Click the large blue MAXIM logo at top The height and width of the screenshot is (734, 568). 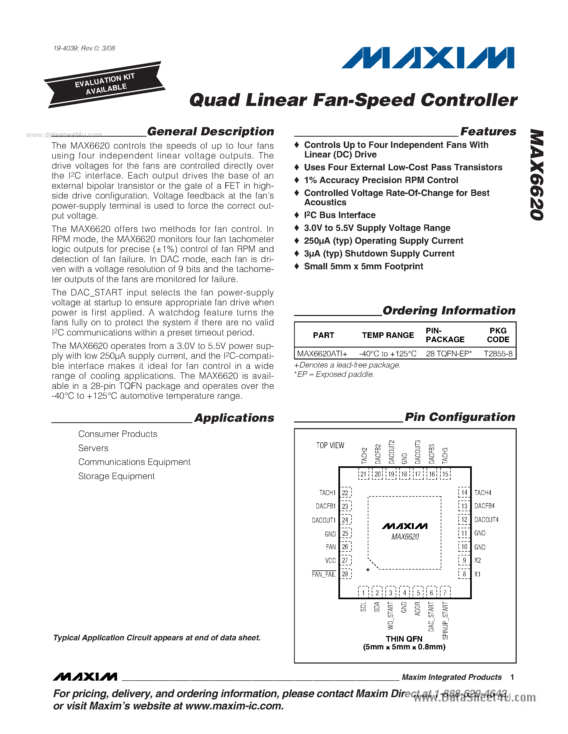[428, 58]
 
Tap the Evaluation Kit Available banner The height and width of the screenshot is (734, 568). [105, 84]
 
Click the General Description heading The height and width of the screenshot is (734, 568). [211, 131]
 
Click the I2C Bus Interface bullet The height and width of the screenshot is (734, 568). [339, 215]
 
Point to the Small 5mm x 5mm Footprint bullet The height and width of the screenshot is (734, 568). [364, 267]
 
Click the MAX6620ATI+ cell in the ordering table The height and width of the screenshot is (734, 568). [322, 354]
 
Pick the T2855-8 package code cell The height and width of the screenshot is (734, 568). [498, 354]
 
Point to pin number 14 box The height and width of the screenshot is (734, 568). [464, 493]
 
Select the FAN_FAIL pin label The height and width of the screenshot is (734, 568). [324, 574]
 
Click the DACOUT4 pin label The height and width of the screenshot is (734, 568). [486, 520]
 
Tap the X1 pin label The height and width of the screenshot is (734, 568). [477, 574]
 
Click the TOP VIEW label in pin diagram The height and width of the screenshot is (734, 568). [330, 446]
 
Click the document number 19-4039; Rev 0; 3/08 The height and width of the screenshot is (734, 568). [84, 48]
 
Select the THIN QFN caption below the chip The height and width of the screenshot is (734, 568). [404, 639]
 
